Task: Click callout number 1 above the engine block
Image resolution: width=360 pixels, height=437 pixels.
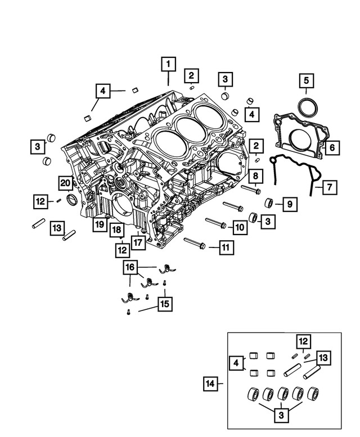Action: coord(167,64)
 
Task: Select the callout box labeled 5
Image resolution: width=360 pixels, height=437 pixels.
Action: coord(306,82)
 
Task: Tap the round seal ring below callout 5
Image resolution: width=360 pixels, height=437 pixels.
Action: coord(307,107)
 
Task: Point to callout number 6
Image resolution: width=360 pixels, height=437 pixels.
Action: coord(331,147)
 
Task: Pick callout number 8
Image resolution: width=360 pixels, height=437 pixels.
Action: coord(255,177)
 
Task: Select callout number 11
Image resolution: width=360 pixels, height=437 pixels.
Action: coord(226,246)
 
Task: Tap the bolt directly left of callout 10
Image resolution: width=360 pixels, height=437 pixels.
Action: coord(216,224)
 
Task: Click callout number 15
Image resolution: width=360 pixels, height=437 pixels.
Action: coord(164,304)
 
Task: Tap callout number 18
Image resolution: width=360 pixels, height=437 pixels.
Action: coord(116,230)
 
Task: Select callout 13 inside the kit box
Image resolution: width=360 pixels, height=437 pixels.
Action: coord(322,357)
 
